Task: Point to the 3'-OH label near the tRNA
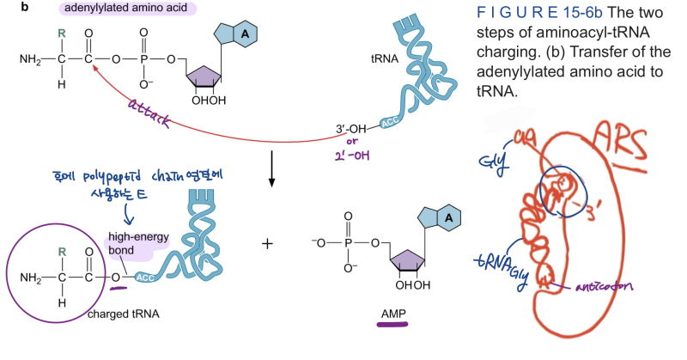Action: coord(353,131)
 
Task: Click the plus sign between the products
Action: coord(267,243)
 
